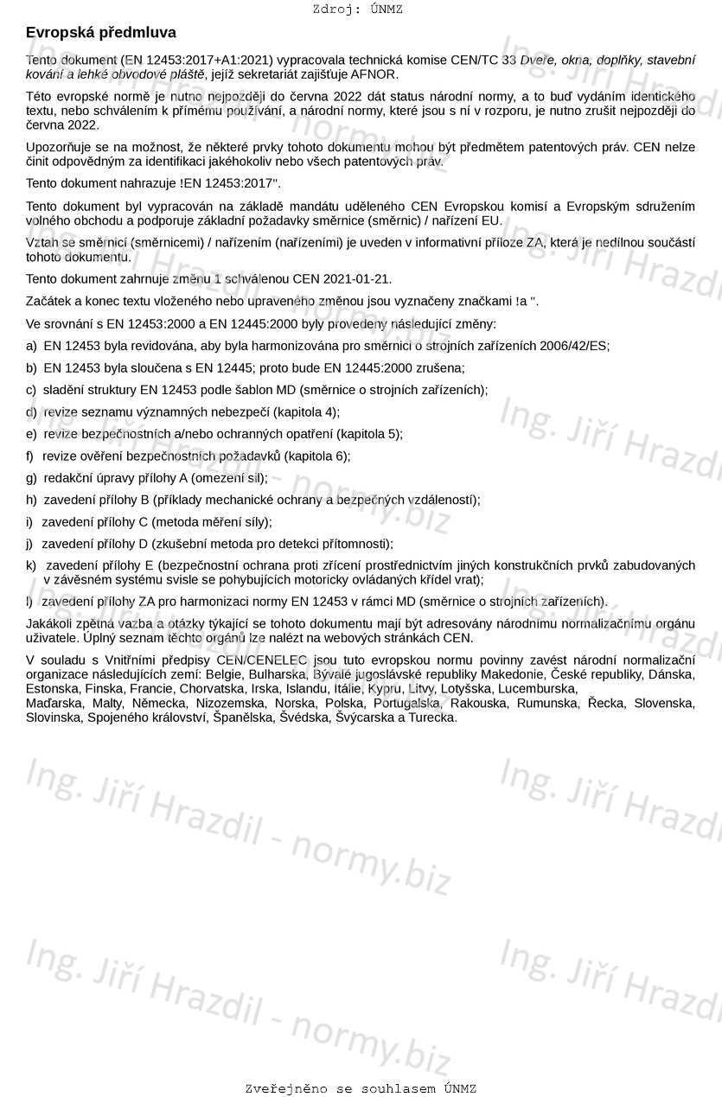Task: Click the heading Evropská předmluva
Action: [x=101, y=33]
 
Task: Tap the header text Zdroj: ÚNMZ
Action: [x=357, y=10]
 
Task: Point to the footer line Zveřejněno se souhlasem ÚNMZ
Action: [x=361, y=1088]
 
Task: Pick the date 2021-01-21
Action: [x=357, y=279]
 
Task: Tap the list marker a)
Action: [x=32, y=346]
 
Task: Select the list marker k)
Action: [x=32, y=565]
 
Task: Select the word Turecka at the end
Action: [x=432, y=718]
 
